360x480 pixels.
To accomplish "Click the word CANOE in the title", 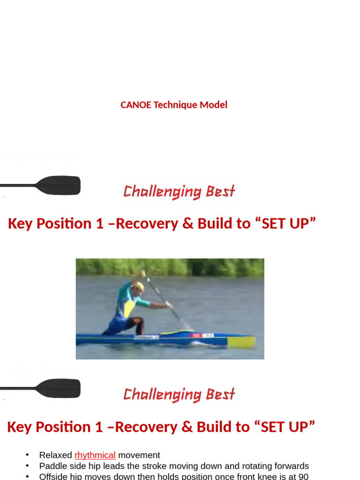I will pyautogui.click(x=135, y=105).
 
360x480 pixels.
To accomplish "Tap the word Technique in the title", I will pyautogui.click(x=176, y=105).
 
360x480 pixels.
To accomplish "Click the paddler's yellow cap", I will pyautogui.click(x=139, y=285).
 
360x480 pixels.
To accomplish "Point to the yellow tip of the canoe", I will pyautogui.click(x=247, y=342).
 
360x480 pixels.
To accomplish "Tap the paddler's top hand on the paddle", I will pyautogui.click(x=143, y=273).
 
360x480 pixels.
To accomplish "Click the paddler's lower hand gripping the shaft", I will pyautogui.click(x=168, y=305).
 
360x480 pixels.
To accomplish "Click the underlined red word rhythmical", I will pyautogui.click(x=95, y=455).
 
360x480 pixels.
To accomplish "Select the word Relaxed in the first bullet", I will pyautogui.click(x=56, y=455).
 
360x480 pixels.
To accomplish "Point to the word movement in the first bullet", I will pyautogui.click(x=139, y=455).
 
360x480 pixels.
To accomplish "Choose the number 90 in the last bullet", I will pyautogui.click(x=303, y=477).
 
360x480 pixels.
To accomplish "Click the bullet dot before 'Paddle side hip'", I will pyautogui.click(x=28, y=466).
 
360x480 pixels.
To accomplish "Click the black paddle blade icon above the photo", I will pyautogui.click(x=59, y=186).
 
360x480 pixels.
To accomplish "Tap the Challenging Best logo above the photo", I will pyautogui.click(x=179, y=191).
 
